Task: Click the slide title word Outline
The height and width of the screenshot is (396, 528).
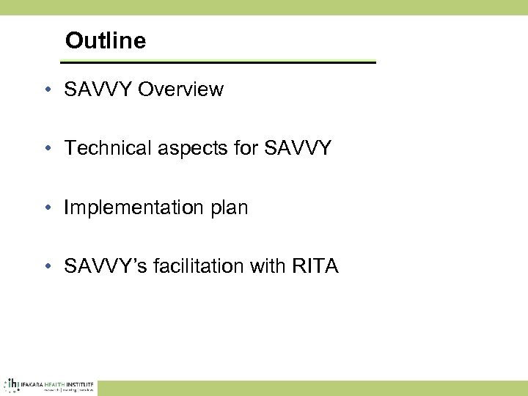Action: coord(106,40)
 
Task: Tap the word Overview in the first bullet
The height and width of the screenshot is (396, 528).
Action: coord(180,89)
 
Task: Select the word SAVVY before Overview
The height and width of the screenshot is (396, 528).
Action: coord(98,89)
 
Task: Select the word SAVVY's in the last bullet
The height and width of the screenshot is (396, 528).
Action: coord(103,266)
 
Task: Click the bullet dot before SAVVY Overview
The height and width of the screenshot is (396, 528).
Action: coord(46,90)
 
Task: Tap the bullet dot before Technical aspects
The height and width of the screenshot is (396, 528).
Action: coord(46,149)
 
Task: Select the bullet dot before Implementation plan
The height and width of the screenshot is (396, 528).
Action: coord(46,208)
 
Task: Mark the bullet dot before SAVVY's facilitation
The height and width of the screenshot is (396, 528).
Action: coord(46,267)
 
